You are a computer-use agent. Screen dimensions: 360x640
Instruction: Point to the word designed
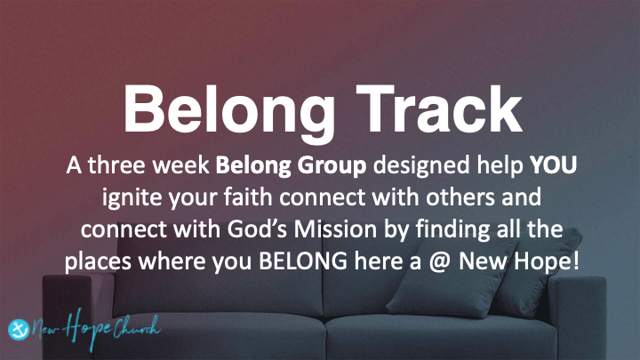[397, 166]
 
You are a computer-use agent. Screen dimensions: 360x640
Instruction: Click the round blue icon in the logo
[18, 326]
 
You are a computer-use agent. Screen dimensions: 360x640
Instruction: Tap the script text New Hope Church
[94, 326]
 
